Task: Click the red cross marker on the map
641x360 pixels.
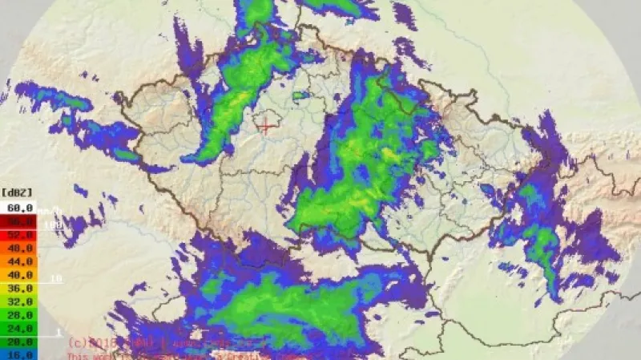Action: click(x=266, y=125)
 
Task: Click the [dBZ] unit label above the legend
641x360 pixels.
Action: click(x=18, y=192)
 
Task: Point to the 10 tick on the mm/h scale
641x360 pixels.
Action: click(x=56, y=279)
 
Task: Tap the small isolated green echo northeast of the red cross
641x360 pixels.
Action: click(x=301, y=96)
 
